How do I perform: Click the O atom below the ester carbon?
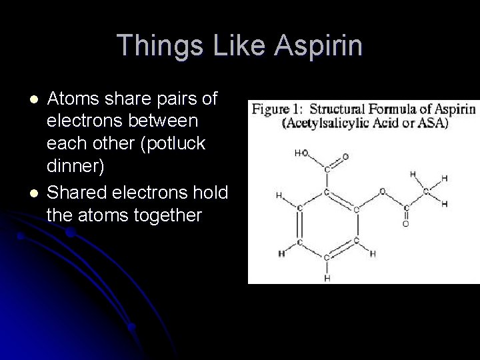click(x=405, y=224)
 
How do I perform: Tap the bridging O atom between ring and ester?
click(x=382, y=191)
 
